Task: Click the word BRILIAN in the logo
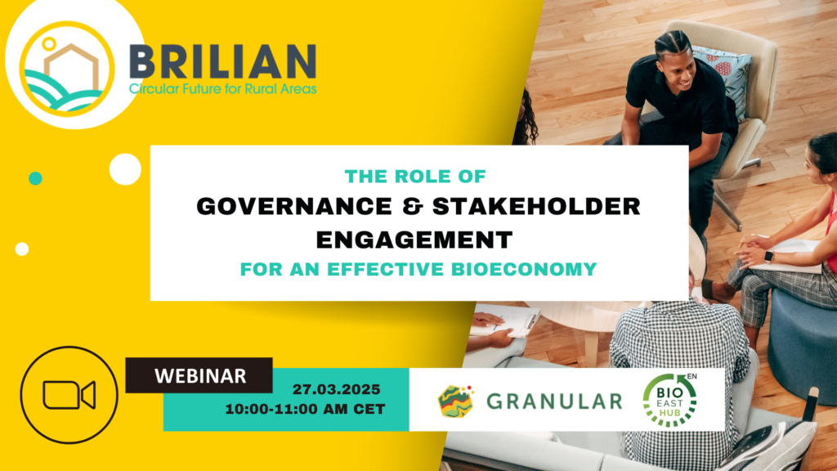click(223, 62)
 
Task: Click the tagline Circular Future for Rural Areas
click(223, 88)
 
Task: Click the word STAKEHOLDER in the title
click(536, 207)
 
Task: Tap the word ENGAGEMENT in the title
click(414, 240)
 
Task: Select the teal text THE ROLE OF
click(415, 177)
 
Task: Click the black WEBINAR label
click(199, 375)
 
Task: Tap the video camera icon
click(69, 395)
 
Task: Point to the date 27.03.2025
click(336, 389)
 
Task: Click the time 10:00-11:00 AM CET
click(305, 409)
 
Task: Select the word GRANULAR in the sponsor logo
click(555, 401)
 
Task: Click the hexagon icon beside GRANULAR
click(455, 401)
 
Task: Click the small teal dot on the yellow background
click(35, 178)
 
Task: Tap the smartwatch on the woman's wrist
click(768, 257)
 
